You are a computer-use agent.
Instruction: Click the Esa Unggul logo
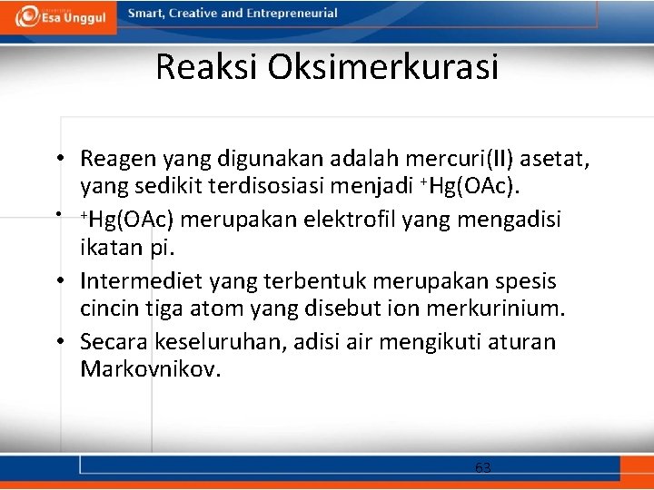tap(59, 17)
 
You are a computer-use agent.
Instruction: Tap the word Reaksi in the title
tap(202, 67)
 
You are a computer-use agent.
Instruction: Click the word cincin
tap(110, 309)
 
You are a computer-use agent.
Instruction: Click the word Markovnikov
tap(150, 370)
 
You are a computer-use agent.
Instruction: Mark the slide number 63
tap(482, 468)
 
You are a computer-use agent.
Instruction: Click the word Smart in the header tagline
tap(146, 14)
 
